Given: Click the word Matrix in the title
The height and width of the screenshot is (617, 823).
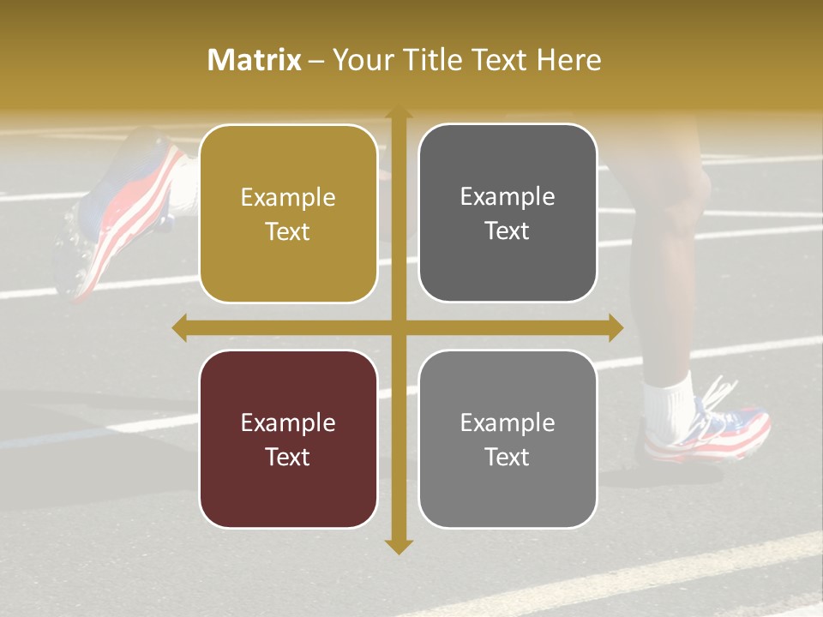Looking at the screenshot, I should click(x=255, y=60).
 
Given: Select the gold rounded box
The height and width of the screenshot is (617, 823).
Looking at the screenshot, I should click(x=288, y=214).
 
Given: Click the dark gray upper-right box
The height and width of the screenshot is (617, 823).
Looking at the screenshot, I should click(x=508, y=213).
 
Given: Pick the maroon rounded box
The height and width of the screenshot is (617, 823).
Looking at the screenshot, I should click(x=288, y=439).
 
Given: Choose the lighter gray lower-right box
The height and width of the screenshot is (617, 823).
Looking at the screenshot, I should click(x=508, y=439).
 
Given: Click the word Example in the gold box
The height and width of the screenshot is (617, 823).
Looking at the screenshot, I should click(x=288, y=198).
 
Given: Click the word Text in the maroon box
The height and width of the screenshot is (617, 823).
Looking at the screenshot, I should click(x=288, y=457).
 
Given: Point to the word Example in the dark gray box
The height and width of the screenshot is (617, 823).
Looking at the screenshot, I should click(x=508, y=197).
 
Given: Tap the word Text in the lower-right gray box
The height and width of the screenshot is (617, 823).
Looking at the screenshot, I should click(x=508, y=457).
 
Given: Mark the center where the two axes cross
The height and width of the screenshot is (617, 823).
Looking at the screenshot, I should click(x=398, y=327).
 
